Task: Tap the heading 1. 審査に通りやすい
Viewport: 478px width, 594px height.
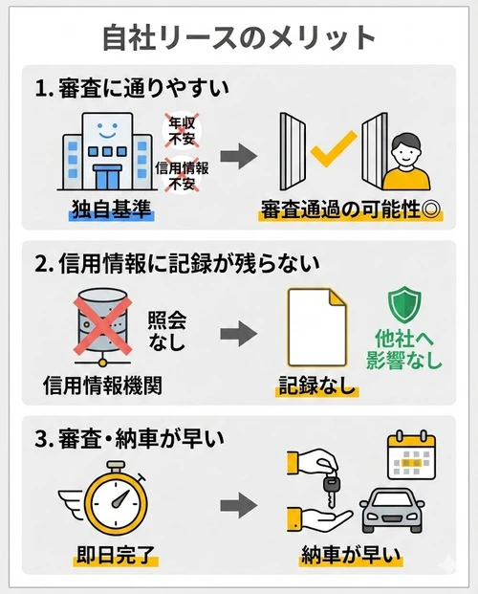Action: pyautogui.click(x=133, y=90)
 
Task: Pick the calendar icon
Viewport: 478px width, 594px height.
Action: pyautogui.click(x=409, y=457)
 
